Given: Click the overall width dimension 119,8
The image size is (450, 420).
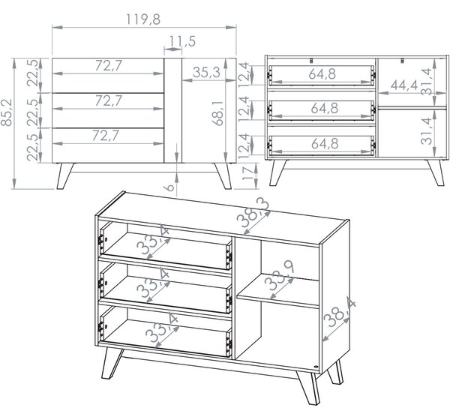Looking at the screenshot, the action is point(143,19).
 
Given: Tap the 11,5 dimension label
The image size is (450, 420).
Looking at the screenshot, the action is point(182,41).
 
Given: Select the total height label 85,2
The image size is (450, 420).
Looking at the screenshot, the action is point(6,112).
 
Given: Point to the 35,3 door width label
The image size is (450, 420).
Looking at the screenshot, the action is point(206,72).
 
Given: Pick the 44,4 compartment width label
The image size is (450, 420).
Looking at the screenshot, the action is point(404,85).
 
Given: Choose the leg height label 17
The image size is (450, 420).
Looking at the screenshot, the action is point(248,172).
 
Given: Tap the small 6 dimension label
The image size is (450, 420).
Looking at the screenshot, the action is point(170,187).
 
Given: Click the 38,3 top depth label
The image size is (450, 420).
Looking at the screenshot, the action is point(253,212).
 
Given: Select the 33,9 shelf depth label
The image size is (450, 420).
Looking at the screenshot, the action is point(279,275).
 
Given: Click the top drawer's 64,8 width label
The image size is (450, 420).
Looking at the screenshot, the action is point(322,74).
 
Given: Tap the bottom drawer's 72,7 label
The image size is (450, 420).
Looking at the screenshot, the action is point(105,136).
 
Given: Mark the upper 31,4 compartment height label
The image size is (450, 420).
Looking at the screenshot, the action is point(427,81).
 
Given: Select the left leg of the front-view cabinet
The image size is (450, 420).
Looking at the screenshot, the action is point(65,176).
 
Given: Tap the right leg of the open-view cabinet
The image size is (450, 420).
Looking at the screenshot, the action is point(435,172).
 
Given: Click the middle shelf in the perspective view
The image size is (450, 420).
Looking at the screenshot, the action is point(278,292).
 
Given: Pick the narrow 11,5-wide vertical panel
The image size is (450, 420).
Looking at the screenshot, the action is point(173,110).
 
